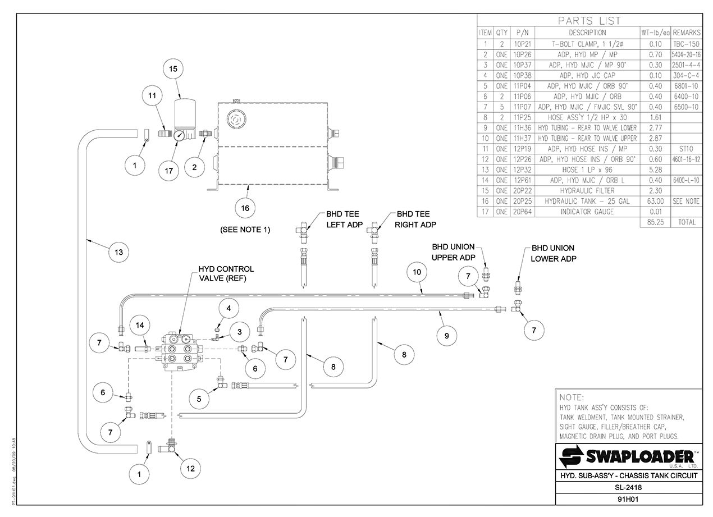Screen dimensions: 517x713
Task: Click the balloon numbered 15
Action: tap(173, 68)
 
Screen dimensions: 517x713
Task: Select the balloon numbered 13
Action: tap(118, 252)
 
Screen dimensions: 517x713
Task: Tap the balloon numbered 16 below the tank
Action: tap(245, 208)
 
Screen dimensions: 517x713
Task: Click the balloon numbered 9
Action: tap(447, 336)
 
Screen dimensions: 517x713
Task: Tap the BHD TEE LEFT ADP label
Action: tap(342, 219)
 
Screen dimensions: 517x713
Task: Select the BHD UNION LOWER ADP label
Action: tap(553, 253)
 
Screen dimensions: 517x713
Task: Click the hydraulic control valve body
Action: tap(181, 353)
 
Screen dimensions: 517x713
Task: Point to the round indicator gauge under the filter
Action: tap(179, 136)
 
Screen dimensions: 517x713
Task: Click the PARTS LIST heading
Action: tap(589, 21)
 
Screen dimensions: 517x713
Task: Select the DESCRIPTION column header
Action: tap(587, 33)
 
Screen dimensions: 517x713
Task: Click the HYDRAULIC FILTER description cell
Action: tap(587, 190)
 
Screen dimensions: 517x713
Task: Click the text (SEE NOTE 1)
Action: tap(245, 229)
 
